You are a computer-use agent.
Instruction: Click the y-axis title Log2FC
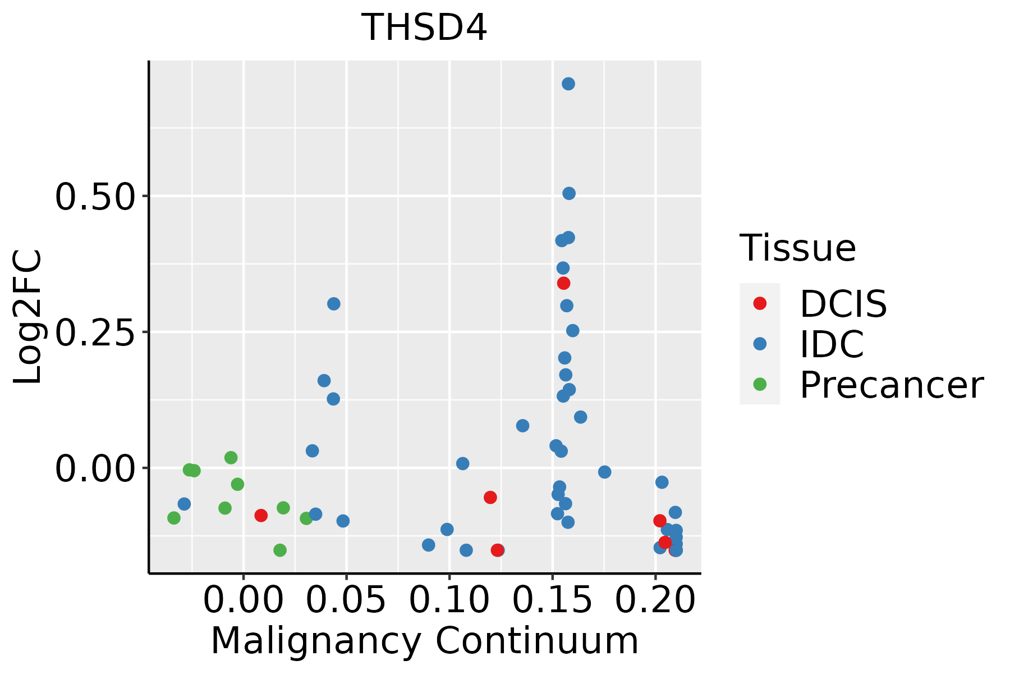28,317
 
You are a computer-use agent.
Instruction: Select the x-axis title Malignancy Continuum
424,641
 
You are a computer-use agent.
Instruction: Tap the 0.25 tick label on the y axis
95,333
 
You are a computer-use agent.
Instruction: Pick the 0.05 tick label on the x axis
346,600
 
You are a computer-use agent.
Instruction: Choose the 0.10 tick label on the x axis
449,600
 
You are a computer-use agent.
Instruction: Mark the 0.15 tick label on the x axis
553,600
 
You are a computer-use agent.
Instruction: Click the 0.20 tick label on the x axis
655,600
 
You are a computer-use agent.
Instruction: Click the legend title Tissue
797,248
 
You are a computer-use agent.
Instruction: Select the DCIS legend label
843,304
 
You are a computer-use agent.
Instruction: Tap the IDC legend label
832,344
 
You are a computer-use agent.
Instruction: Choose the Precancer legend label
891,385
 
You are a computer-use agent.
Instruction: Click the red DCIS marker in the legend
760,303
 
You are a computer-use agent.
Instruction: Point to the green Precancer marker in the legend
760,384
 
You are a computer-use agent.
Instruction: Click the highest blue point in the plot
568,84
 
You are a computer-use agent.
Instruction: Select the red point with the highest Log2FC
564,283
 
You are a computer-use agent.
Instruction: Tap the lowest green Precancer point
280,550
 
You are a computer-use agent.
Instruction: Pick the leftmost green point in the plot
174,518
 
